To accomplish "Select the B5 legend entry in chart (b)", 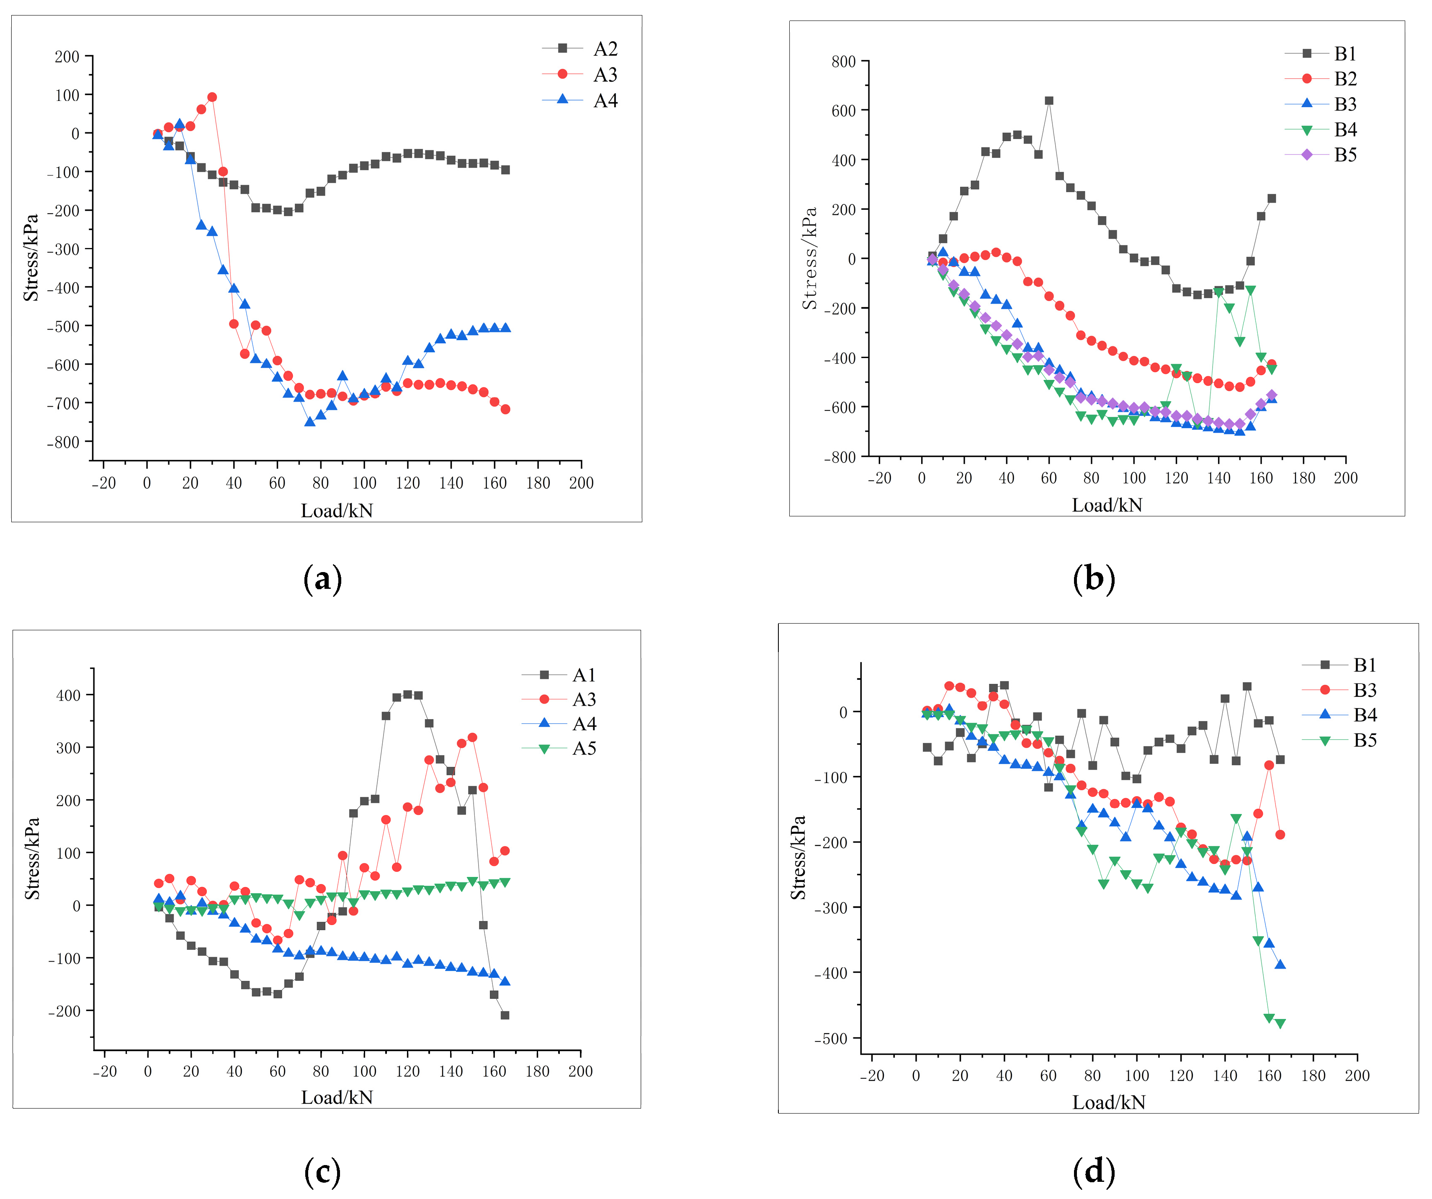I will point(1345,155).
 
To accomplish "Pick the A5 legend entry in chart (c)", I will point(584,748).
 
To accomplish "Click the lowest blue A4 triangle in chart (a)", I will point(309,421).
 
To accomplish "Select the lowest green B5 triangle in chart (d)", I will point(1280,1024).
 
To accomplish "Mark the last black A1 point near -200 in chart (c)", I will point(505,1015).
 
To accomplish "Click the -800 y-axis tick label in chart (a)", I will point(63,442).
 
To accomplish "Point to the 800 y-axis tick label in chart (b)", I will point(844,62).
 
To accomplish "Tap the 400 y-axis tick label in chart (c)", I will point(68,695).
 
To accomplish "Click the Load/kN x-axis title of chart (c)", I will point(337,1097).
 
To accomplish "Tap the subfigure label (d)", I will point(1094,1171).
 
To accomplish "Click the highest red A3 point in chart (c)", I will point(472,737).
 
